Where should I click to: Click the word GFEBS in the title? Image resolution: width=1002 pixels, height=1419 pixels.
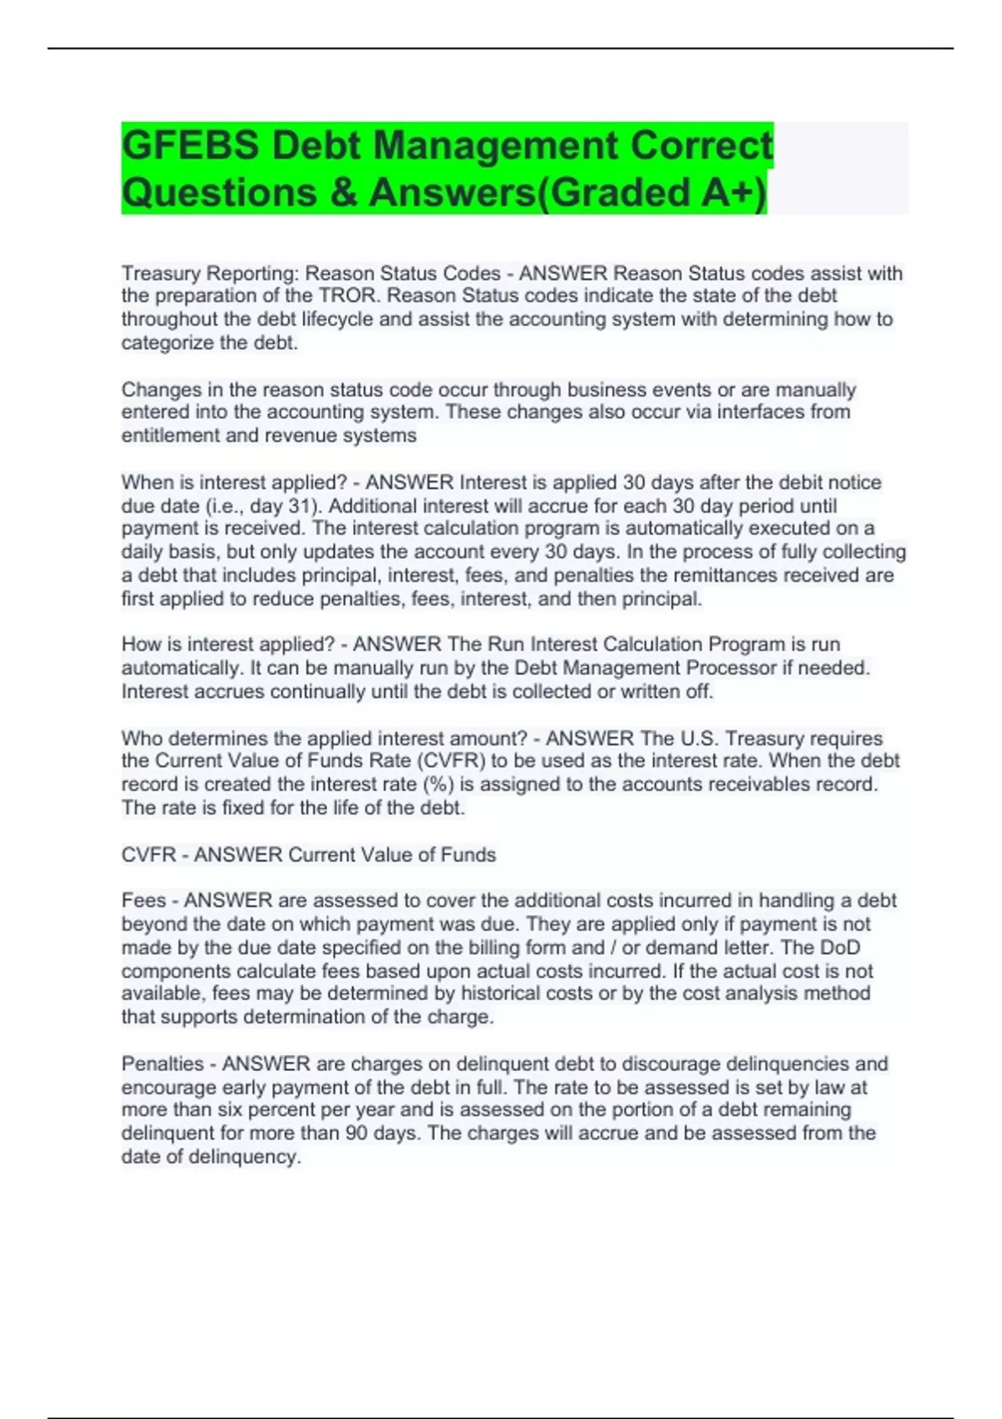(x=190, y=145)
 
